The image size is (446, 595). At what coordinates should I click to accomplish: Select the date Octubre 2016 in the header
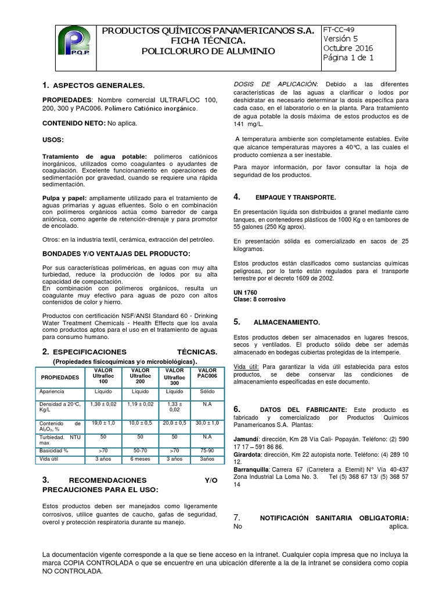(348, 48)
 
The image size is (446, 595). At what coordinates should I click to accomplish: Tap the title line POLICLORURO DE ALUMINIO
(208, 52)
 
